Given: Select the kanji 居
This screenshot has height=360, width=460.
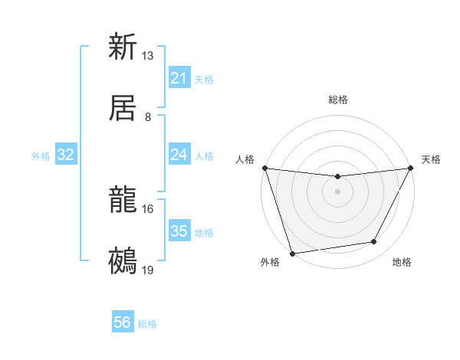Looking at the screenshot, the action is coord(123,106).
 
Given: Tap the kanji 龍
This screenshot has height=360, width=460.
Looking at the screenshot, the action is coord(123,200).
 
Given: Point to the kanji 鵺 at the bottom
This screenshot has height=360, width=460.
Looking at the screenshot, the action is coord(123,260).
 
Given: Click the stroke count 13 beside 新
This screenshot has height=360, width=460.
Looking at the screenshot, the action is coord(148,56).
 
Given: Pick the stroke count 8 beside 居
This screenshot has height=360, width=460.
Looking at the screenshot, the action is coord(148,116).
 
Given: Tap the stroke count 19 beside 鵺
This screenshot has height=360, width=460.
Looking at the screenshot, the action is coord(148,270).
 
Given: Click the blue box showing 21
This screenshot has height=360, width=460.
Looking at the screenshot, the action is coord(179,78).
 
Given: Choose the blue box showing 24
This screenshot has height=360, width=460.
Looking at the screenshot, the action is coord(179,155).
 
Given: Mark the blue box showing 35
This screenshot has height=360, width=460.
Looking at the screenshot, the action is coord(179,231).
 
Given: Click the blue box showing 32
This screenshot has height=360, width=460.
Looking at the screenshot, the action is coord(66,155).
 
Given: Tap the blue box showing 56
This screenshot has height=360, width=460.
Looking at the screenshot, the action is coord(123,322).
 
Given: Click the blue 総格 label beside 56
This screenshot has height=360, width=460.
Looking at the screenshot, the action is coord(147,324).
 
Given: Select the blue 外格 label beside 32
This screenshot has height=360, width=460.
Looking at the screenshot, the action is coord(41,156).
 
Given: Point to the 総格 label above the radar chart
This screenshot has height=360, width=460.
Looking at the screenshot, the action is coord(337,100).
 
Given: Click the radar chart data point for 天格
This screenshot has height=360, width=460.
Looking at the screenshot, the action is coord(411,168).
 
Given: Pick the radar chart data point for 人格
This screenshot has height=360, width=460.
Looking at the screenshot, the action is coord(264,168).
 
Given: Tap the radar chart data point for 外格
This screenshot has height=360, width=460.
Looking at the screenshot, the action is coord(292,252).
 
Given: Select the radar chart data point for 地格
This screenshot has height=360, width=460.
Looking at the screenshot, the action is coord(374,242).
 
